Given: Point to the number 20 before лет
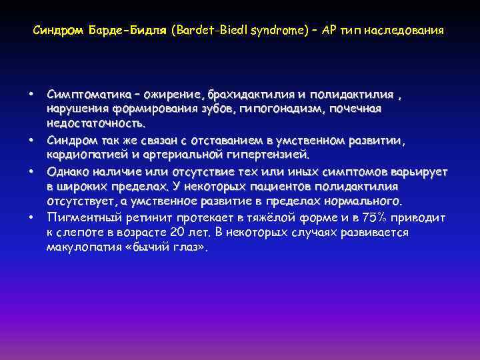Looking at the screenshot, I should [x=191, y=232].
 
